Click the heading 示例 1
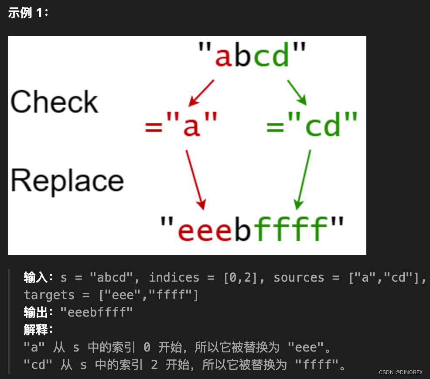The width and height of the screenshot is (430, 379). [x=28, y=13]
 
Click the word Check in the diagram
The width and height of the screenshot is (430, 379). [x=55, y=102]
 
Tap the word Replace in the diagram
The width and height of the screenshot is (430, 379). [x=67, y=181]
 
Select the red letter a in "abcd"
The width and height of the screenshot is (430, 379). [x=223, y=57]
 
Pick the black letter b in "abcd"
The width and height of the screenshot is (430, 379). [x=243, y=54]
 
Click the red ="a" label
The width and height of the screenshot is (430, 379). [x=181, y=124]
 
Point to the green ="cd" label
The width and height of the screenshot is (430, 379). [x=312, y=124]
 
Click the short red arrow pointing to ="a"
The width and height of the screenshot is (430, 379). [x=201, y=93]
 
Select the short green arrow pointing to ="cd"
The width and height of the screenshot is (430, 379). [x=297, y=93]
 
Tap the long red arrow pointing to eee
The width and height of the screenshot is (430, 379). [x=195, y=180]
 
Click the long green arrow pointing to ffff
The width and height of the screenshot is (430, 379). [x=303, y=180]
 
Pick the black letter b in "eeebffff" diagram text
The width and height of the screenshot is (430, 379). [x=243, y=228]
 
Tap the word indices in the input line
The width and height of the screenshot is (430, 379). [x=174, y=277]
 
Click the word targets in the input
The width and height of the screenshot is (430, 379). [x=49, y=295]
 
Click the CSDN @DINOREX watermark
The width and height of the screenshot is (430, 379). [x=401, y=372]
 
